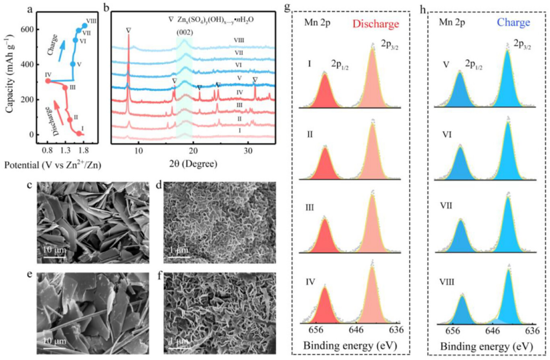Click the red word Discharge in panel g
[375, 24]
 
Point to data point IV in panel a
[48, 81]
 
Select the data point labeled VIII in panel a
[84, 26]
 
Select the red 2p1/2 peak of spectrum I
[324, 90]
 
